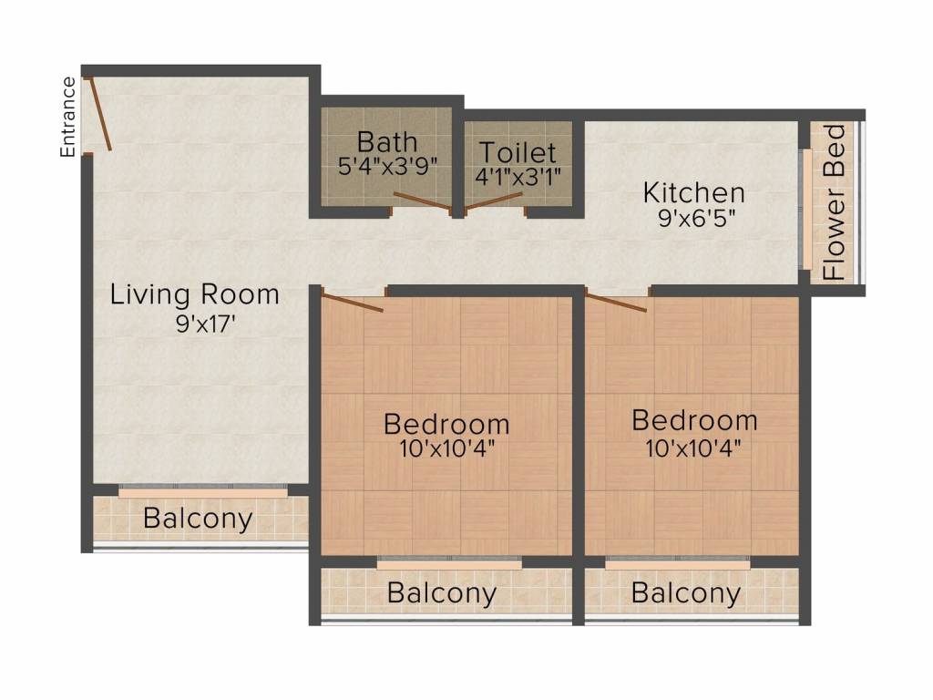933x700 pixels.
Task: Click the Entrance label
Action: [x=67, y=118]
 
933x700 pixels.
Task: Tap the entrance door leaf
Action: [x=100, y=114]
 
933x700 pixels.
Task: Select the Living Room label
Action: [x=195, y=294]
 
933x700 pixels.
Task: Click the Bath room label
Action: [x=387, y=142]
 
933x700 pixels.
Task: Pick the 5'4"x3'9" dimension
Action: [x=387, y=166]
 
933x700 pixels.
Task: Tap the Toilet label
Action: [x=518, y=152]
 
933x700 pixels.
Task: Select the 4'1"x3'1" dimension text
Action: [x=518, y=176]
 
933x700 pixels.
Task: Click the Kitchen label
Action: [x=693, y=193]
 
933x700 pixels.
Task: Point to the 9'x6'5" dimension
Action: [x=696, y=218]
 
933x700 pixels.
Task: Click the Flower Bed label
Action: [x=835, y=202]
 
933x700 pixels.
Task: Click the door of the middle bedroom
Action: [x=353, y=300]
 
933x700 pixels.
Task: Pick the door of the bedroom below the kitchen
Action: [x=616, y=300]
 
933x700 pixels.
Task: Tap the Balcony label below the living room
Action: [x=198, y=519]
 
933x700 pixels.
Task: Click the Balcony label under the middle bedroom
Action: [x=442, y=592]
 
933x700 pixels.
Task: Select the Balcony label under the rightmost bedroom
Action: [x=686, y=592]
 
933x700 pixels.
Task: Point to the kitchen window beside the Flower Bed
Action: [x=807, y=209]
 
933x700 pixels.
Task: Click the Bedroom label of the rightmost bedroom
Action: [x=694, y=420]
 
